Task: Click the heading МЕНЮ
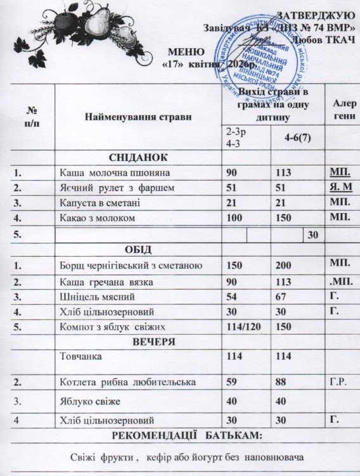(x=186, y=51)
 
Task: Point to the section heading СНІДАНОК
(x=138, y=157)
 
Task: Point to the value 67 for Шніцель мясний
(x=281, y=296)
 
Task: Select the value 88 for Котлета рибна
(x=281, y=382)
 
